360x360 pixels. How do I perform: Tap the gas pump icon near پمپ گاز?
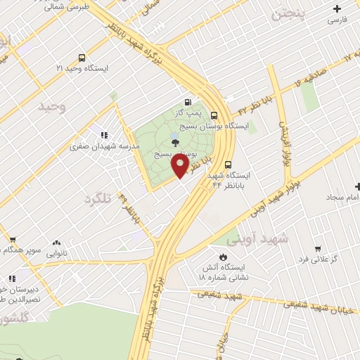188,102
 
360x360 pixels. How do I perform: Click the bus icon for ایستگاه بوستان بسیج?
214,117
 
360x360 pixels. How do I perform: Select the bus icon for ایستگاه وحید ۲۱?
82,58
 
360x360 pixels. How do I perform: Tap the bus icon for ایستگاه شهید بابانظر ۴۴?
227,165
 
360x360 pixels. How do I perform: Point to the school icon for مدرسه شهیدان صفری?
104,135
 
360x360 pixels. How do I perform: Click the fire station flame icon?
223,257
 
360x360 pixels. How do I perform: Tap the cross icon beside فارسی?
338,9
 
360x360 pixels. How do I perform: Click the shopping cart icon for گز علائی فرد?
318,248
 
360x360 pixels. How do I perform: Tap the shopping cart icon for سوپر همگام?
11,239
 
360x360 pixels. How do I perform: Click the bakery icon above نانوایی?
56,241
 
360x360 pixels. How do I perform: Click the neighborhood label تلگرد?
98,199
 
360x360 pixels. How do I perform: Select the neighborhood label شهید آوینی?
264,239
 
